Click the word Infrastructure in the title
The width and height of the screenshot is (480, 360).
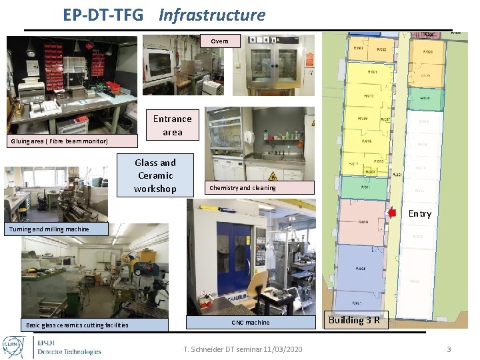[x=212, y=15]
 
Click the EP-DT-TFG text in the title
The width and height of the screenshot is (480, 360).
[x=103, y=15]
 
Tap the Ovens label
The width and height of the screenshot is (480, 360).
[x=219, y=41]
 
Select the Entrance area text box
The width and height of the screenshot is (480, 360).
[x=172, y=125]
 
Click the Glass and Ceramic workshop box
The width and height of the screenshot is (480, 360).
[x=155, y=175]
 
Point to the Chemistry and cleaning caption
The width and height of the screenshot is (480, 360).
[x=259, y=188]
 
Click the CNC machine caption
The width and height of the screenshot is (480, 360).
[x=251, y=323]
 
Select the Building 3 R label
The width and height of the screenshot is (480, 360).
[x=354, y=320]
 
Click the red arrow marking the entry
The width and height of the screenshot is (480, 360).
[x=391, y=212]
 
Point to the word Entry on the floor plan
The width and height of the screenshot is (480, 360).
[x=419, y=213]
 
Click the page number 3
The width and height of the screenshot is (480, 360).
[x=449, y=349]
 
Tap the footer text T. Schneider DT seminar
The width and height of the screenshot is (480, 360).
[x=243, y=349]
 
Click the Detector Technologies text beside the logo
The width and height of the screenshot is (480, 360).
[x=69, y=351]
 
